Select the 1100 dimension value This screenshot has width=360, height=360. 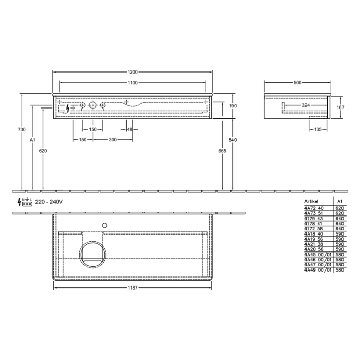132,82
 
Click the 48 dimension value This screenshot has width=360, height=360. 129,129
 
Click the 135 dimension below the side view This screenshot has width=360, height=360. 318,129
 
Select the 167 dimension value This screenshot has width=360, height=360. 340,107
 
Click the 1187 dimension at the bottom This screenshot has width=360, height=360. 132,289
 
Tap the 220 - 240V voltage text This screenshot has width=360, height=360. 49,202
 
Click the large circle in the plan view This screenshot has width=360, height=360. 94,254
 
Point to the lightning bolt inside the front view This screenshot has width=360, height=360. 69,109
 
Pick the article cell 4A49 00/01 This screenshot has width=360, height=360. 317,269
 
